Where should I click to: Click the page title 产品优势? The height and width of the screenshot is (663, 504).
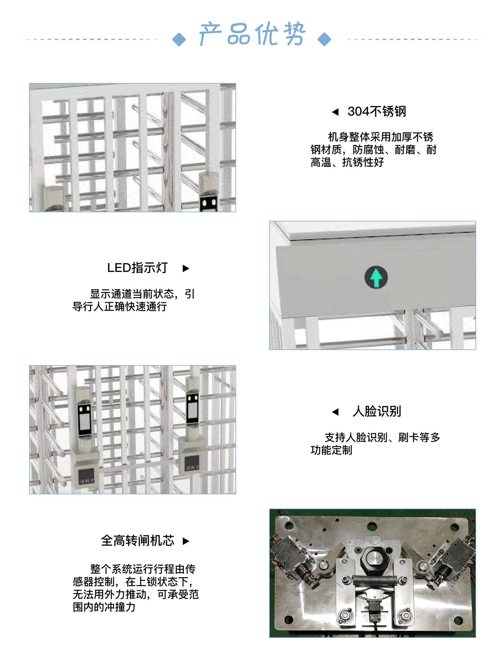click(x=252, y=34)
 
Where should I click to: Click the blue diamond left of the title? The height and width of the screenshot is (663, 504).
click(x=179, y=39)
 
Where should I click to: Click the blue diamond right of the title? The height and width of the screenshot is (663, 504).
click(x=324, y=39)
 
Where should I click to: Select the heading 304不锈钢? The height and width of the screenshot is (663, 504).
click(x=377, y=111)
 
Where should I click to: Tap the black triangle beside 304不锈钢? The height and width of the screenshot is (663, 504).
click(x=335, y=112)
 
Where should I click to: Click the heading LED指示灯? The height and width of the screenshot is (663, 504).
click(x=137, y=268)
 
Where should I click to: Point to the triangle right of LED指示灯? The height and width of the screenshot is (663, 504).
click(x=186, y=268)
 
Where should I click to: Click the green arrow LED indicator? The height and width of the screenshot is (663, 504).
click(x=376, y=277)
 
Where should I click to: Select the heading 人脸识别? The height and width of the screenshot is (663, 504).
click(x=377, y=412)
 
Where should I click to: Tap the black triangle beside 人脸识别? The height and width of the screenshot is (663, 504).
click(x=335, y=412)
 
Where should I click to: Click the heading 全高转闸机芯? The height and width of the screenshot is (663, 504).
click(x=137, y=541)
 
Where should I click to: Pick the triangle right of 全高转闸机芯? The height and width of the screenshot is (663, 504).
click(x=186, y=541)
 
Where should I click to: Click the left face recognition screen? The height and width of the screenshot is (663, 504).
click(x=84, y=420)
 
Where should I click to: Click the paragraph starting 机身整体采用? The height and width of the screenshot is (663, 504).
click(x=374, y=149)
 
